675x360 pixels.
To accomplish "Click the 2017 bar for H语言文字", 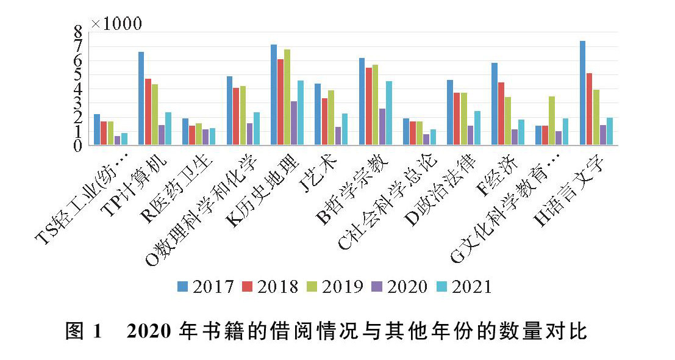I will point(582,93).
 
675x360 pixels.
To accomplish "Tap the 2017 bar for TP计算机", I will point(141,98).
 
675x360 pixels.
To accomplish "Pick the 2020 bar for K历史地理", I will point(294,123).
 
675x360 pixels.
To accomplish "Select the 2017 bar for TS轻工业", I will point(97,129).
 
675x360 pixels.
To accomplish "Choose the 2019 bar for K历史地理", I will point(287,97).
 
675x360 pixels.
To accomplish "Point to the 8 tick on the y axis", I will point(78,32).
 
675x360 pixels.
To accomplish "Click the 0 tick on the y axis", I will point(78,145).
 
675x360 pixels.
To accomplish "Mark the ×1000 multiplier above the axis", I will point(116,24).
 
